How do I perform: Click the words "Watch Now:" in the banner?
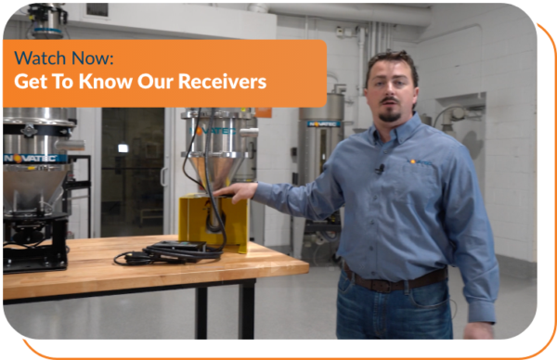(64, 58)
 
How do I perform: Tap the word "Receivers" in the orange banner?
(223, 82)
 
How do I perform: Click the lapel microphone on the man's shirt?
(380, 170)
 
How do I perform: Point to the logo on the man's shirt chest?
(417, 162)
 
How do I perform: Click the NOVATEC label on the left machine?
(34, 158)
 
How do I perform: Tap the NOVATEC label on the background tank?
(325, 123)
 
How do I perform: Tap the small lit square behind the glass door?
(123, 148)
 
